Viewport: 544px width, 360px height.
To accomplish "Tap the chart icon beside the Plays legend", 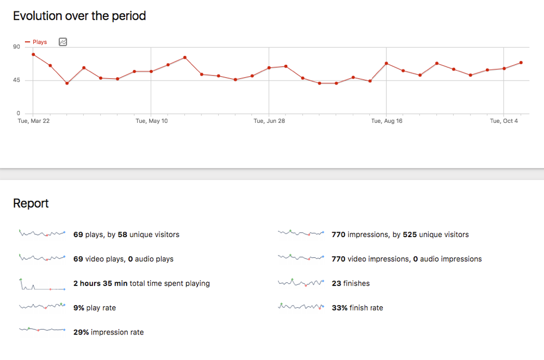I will pyautogui.click(x=63, y=42).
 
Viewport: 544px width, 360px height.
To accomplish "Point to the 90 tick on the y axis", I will pyautogui.click(x=16, y=47).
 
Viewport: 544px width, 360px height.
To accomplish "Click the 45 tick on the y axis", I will pyautogui.click(x=16, y=80).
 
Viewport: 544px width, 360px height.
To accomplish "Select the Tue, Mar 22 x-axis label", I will pyautogui.click(x=34, y=121).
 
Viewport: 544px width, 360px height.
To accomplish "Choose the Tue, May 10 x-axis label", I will pyautogui.click(x=151, y=121).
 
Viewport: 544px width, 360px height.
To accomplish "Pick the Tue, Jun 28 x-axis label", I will pyautogui.click(x=269, y=121).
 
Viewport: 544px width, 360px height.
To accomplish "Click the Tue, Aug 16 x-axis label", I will pyautogui.click(x=387, y=121).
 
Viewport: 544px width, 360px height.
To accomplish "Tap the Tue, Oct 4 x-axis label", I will pyautogui.click(x=504, y=121).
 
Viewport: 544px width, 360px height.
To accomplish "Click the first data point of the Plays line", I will pyautogui.click(x=33, y=54).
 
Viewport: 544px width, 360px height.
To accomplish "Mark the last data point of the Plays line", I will pyautogui.click(x=521, y=63).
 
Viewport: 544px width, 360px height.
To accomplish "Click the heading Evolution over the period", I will pyautogui.click(x=79, y=16).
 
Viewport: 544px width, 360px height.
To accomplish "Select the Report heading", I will pyautogui.click(x=31, y=203).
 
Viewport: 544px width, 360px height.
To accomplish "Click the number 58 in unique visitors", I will pyautogui.click(x=122, y=234).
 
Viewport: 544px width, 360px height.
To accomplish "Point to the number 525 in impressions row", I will pyautogui.click(x=410, y=234).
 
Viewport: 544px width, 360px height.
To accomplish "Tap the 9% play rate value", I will pyautogui.click(x=79, y=308).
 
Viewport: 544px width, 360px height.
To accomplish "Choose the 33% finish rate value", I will pyautogui.click(x=339, y=308).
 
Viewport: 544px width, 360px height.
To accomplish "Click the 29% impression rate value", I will pyautogui.click(x=81, y=332).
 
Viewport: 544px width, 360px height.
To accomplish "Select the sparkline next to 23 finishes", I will pyautogui.click(x=301, y=283).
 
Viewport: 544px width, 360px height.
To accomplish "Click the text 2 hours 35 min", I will pyautogui.click(x=101, y=283).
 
